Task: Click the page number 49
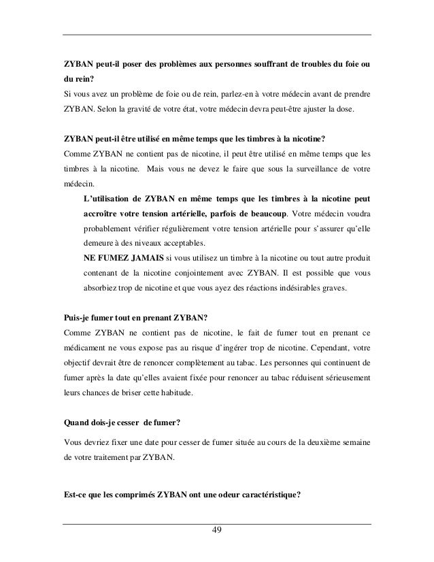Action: (217, 531)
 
